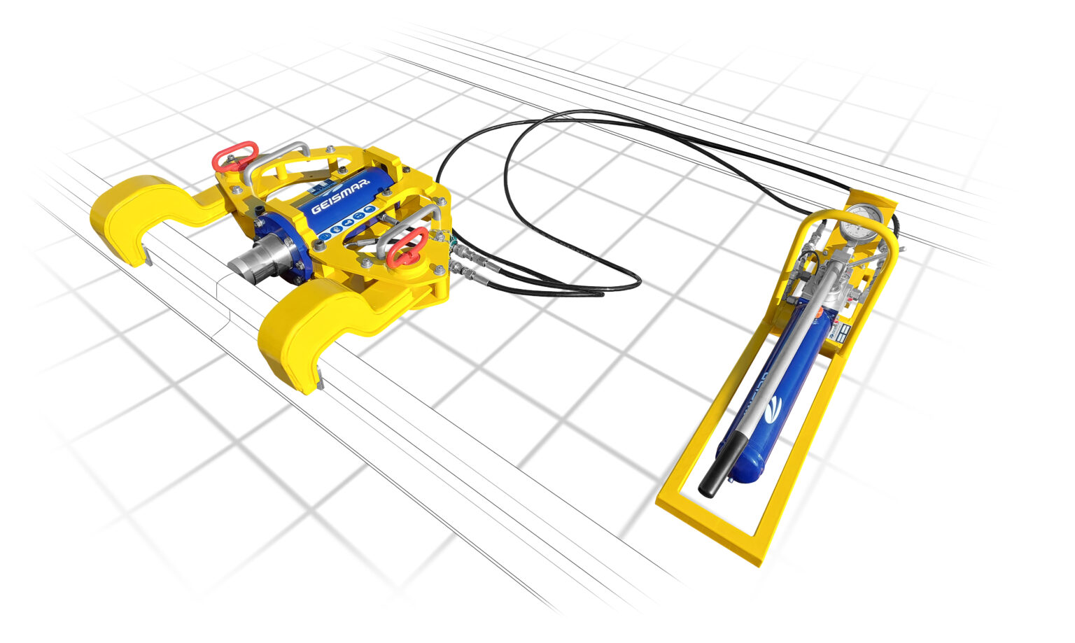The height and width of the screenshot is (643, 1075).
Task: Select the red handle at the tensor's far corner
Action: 235,156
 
